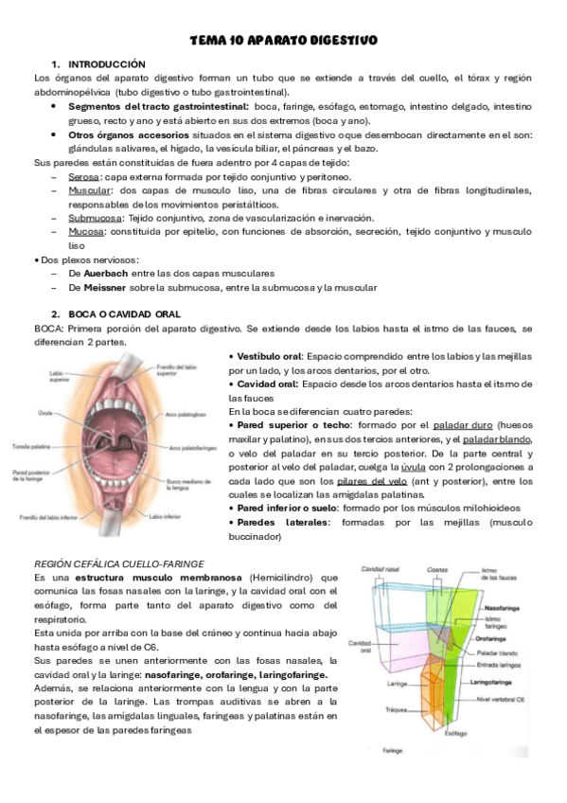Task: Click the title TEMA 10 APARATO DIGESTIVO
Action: tap(283, 41)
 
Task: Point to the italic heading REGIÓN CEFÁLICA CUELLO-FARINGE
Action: tap(118, 563)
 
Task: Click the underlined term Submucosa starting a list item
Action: tap(93, 217)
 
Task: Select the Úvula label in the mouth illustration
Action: tap(58, 413)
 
